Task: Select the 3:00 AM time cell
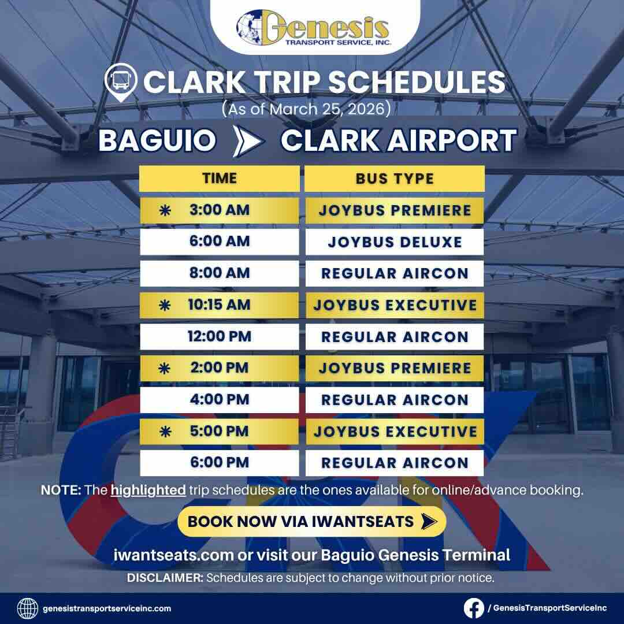(219, 210)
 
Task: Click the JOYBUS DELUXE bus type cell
(395, 242)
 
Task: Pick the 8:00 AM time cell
(219, 273)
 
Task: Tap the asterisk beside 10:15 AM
(165, 306)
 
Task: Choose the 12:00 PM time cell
(219, 337)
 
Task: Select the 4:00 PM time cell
(219, 400)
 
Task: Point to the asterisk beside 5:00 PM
(165, 432)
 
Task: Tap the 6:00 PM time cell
(219, 463)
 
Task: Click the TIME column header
(219, 178)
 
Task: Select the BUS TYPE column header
(395, 178)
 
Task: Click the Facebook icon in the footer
(474, 608)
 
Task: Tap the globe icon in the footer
(28, 608)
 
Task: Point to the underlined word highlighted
(148, 491)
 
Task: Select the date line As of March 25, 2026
(303, 108)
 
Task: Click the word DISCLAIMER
(165, 578)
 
